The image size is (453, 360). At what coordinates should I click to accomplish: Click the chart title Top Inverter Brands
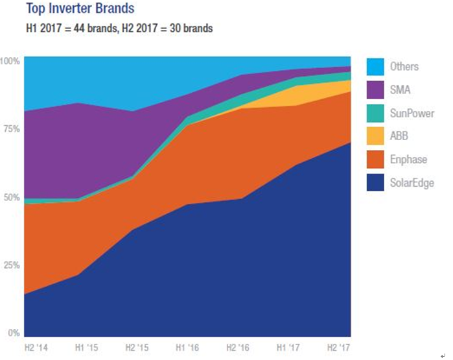[x=78, y=10]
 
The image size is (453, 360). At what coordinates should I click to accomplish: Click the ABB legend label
[x=399, y=136]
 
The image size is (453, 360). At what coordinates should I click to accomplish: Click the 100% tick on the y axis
[x=11, y=60]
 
